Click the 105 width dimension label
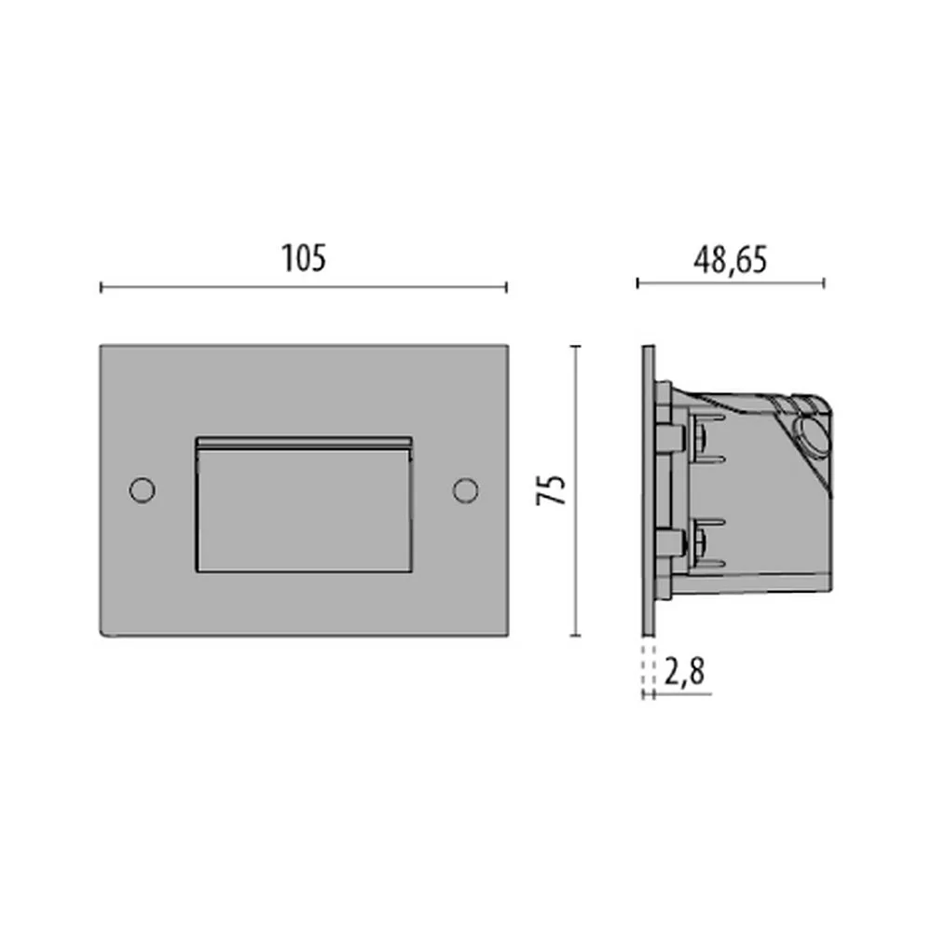[x=303, y=258]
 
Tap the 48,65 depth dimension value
[x=730, y=261]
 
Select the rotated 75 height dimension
[x=551, y=490]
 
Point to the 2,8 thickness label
[x=684, y=672]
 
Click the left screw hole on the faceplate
[x=142, y=490]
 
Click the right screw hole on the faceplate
[x=465, y=490]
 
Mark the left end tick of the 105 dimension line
[x=101, y=288]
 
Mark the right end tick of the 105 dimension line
[x=506, y=288]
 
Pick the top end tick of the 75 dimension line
[x=575, y=346]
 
